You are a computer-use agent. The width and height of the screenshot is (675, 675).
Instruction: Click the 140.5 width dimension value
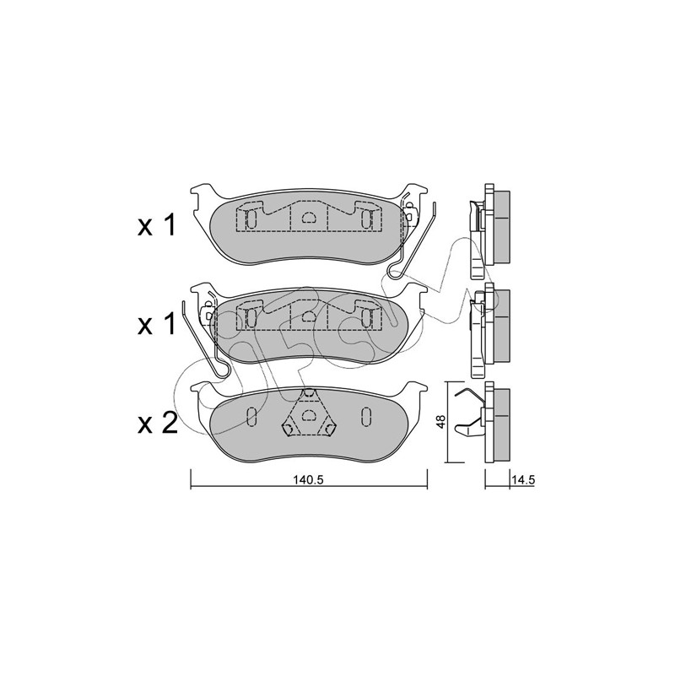tap(308, 480)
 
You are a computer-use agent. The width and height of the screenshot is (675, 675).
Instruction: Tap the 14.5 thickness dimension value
tap(523, 480)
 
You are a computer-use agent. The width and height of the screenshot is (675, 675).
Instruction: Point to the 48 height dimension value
tap(440, 422)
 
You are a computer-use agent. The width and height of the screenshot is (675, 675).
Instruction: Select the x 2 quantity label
tap(158, 424)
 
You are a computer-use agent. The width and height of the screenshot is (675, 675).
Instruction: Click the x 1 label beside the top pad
tap(157, 226)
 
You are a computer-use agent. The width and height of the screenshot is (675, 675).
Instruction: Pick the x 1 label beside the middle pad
tap(157, 324)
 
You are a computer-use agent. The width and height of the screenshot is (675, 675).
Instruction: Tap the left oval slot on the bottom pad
tap(251, 416)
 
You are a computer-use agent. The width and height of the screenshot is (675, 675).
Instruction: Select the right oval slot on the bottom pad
tap(366, 416)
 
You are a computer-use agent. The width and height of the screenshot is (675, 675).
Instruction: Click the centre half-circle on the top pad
tap(308, 218)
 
